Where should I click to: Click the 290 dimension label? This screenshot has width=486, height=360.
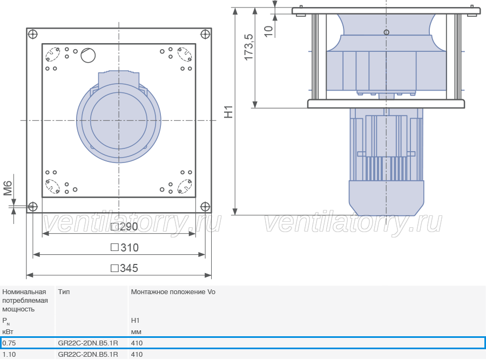[124, 227]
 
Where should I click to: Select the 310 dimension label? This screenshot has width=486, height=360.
[125, 248]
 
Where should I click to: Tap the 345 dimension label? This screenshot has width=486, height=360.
[124, 268]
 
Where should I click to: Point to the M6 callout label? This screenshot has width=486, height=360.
[8, 188]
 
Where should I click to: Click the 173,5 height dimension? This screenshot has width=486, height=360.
[248, 47]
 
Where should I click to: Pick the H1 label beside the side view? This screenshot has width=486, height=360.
[228, 112]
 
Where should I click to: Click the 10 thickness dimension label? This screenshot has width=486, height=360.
[268, 31]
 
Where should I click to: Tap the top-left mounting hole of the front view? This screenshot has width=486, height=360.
[32, 34]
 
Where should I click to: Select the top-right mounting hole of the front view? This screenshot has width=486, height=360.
[205, 34]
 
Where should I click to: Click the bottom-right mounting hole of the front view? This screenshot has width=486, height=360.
[205, 206]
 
